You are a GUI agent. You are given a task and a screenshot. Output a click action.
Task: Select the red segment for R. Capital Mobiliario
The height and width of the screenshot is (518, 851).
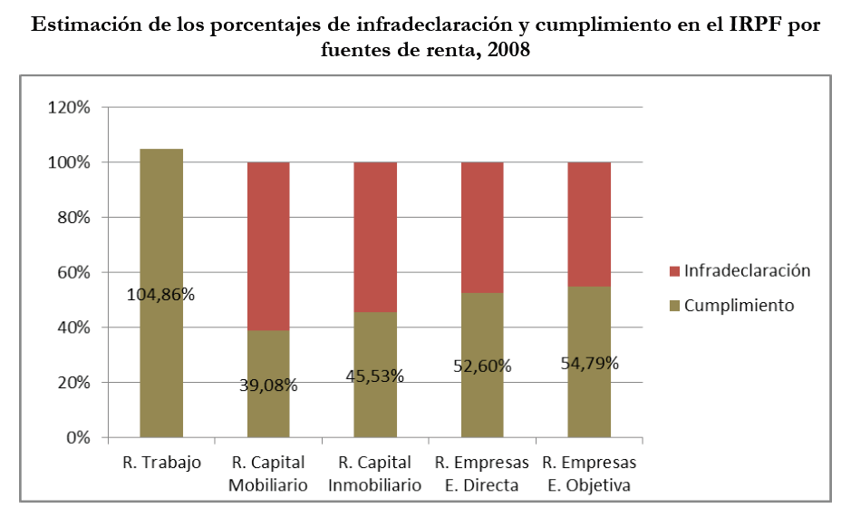pyautogui.click(x=268, y=245)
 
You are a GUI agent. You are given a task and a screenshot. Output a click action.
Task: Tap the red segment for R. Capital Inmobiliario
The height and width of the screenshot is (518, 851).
pyautogui.click(x=375, y=236)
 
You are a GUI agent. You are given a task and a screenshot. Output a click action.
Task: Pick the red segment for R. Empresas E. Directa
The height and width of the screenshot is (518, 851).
pyautogui.click(x=482, y=227)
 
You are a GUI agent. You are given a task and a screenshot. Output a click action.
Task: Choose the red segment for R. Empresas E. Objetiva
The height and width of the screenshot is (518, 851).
pyautogui.click(x=589, y=223)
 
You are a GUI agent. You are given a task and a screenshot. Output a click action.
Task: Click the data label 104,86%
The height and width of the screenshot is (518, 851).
pyautogui.click(x=161, y=294)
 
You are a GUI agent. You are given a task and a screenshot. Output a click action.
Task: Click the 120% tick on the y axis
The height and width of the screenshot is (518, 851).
pyautogui.click(x=69, y=108)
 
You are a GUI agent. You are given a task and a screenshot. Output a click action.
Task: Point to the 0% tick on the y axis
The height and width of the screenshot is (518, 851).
pyautogui.click(x=78, y=438)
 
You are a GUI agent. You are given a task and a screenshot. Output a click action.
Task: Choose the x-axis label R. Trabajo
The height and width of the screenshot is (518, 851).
pyautogui.click(x=161, y=463)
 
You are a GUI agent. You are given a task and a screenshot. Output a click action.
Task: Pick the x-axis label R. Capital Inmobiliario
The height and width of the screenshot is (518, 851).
pyautogui.click(x=375, y=474)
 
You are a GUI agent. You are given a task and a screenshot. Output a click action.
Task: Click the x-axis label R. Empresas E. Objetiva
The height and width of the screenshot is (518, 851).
pyautogui.click(x=589, y=474)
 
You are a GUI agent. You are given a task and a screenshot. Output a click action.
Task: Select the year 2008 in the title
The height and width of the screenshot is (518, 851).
pyautogui.click(x=508, y=51)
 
